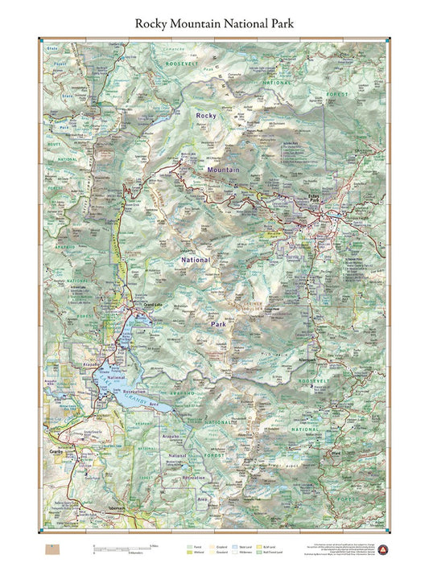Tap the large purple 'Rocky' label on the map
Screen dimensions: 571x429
(x=206, y=117)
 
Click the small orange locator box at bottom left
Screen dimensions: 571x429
(x=52, y=548)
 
